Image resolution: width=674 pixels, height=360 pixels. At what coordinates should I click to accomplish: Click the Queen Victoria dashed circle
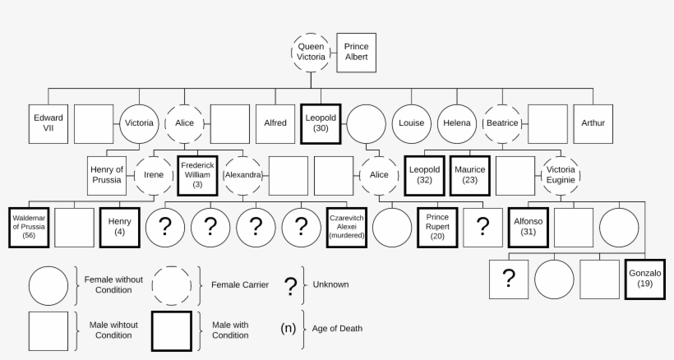[x=311, y=53]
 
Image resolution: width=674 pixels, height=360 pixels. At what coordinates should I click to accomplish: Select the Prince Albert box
[x=356, y=53]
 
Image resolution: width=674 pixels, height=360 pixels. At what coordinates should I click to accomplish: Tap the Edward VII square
[x=48, y=123]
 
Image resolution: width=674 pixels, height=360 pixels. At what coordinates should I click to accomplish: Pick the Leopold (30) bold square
[x=321, y=123]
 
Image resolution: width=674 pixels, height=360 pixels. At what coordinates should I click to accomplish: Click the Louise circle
[x=411, y=123]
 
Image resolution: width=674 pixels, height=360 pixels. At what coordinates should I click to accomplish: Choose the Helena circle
[x=457, y=123]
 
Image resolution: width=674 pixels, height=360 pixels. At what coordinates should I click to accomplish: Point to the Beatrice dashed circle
[x=502, y=123]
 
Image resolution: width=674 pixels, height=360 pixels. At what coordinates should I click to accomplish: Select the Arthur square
[x=593, y=123]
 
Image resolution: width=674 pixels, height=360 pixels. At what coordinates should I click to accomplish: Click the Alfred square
[x=275, y=123]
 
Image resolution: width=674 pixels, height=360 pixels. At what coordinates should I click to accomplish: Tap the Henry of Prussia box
[x=107, y=175]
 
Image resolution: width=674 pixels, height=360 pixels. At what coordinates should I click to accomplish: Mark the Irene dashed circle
[x=154, y=175]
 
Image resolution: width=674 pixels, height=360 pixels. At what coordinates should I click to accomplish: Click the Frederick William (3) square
[x=197, y=175]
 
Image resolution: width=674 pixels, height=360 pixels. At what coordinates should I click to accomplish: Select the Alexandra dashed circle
[x=242, y=175]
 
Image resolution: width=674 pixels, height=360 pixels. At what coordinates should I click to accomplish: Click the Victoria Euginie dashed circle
[x=561, y=174]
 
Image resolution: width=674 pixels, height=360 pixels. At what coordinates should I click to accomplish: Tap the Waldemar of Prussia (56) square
[x=29, y=226]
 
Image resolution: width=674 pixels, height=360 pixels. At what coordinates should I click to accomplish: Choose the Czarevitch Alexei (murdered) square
[x=346, y=226]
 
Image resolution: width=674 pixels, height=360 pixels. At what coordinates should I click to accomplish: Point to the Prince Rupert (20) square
[x=437, y=226]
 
